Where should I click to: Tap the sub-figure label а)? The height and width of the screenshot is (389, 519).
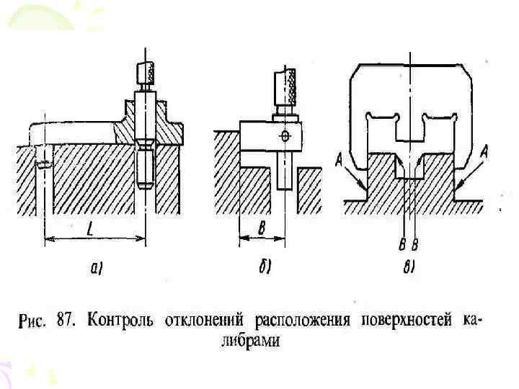pos(97,269)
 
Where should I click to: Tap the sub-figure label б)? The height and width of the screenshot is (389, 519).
pos(265,269)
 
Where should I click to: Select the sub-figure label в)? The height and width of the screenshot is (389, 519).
pos(408,269)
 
